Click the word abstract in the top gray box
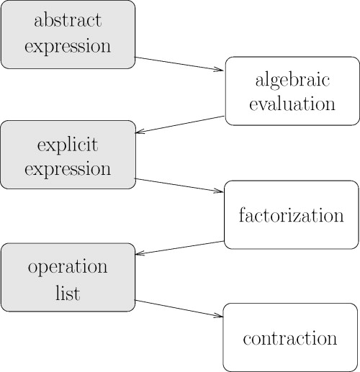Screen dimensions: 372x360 coord(68,21)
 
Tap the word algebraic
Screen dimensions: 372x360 coord(292,78)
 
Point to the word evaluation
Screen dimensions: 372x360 coord(292,104)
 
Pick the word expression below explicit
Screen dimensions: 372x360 coord(68,170)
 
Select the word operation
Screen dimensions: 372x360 coord(68,267)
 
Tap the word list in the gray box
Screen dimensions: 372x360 coord(68,293)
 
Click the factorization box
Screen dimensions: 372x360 coord(292,215)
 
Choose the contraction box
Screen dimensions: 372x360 coord(290,337)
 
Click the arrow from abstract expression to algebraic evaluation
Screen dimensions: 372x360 coord(180,63)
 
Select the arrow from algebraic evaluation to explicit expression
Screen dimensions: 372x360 coord(180,124)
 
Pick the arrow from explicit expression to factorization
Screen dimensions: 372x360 coord(180,185)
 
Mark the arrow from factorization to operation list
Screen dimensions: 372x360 coord(180,247)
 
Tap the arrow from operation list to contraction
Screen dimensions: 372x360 coord(180,308)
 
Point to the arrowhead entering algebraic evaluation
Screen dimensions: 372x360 coord(220,70)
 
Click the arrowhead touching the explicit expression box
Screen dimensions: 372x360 coord(140,132)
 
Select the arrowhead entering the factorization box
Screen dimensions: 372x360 coord(220,191)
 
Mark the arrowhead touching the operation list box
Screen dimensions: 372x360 coord(140,254)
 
